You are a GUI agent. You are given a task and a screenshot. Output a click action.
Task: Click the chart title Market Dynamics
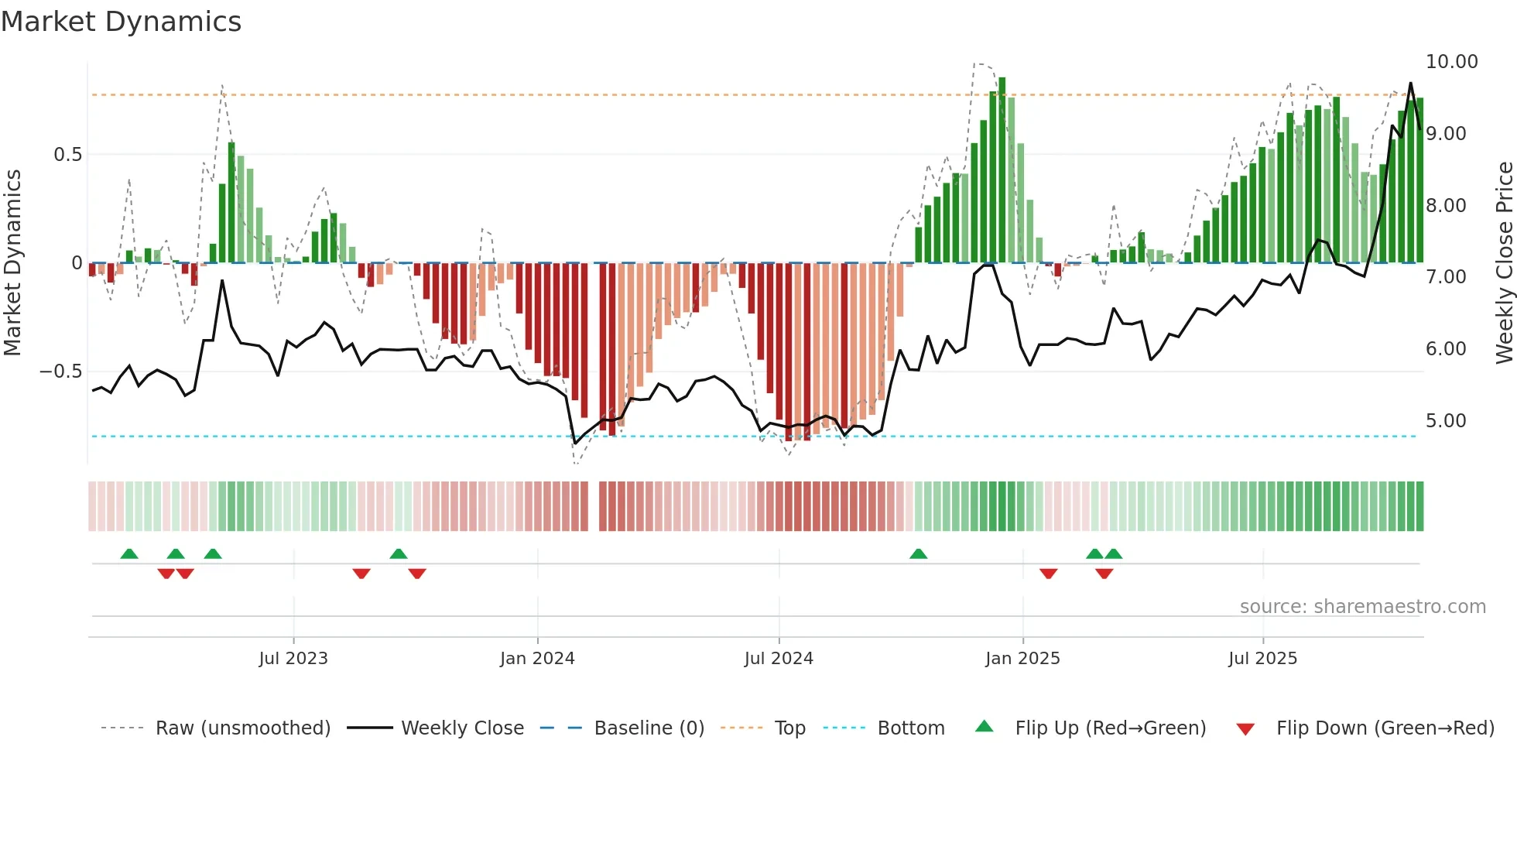(x=121, y=22)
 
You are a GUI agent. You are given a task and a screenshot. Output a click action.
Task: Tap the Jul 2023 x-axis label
(x=293, y=658)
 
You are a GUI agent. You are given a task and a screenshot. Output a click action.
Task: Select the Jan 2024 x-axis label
(x=537, y=658)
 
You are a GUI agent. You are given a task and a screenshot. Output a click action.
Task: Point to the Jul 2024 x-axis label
(x=779, y=658)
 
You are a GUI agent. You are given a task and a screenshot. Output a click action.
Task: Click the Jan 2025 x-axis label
(x=1022, y=658)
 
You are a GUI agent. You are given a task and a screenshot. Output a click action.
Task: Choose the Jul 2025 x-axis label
(x=1262, y=658)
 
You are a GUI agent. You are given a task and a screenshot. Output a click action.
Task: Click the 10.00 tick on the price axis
(x=1451, y=62)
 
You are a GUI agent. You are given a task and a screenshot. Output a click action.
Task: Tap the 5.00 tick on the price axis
(x=1446, y=421)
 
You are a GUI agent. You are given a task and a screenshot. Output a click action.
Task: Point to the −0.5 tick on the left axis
(x=61, y=372)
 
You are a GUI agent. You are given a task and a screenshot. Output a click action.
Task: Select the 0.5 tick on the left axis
(x=67, y=155)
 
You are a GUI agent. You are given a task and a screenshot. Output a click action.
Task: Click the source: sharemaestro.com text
(x=1362, y=607)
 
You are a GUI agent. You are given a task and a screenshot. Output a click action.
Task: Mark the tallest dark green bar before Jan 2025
(x=1002, y=170)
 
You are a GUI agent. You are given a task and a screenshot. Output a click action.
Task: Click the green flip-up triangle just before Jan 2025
(x=918, y=554)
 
